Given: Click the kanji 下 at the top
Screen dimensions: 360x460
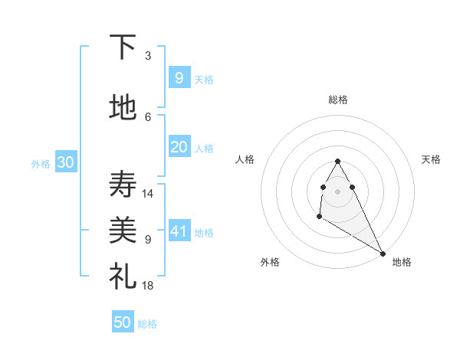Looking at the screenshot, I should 123,47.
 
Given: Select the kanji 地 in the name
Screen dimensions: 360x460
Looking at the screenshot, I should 123,108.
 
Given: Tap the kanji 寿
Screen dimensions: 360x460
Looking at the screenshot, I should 123,184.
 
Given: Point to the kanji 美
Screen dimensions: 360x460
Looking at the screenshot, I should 123,229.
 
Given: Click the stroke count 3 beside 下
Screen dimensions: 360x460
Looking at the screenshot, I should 148,56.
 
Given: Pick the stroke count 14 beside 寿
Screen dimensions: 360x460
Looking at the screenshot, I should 148,194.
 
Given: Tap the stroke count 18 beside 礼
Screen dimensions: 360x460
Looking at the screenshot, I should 148,286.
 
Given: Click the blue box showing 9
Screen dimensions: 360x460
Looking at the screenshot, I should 179,77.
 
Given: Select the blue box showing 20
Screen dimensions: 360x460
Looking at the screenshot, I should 179,147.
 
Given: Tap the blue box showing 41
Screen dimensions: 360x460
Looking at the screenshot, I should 179,231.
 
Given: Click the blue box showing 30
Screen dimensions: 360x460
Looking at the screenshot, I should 65,162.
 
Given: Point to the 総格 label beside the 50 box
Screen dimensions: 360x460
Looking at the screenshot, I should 147,324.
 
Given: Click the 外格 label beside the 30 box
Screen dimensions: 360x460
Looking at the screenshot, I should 41,164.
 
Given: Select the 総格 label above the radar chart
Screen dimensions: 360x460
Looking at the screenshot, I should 338,100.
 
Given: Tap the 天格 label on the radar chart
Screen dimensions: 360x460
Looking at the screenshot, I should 432,159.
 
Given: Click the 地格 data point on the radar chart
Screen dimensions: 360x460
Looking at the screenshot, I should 383,254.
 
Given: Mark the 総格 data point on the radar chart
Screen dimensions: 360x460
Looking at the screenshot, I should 338,161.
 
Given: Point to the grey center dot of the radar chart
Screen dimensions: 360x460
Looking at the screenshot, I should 338,191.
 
